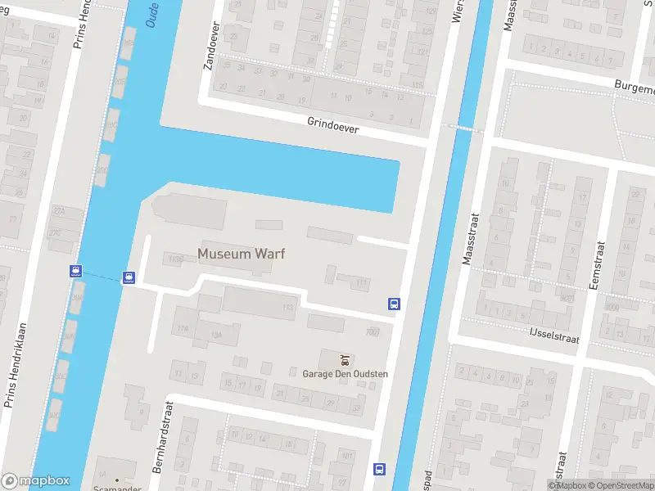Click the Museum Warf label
point(241,254)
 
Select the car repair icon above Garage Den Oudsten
point(345,359)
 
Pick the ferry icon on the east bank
point(129,277)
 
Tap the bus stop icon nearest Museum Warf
point(394,304)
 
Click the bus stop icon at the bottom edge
point(379,469)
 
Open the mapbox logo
point(36,481)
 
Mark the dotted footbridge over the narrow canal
point(458,127)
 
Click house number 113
point(287,307)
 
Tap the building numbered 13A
point(216,334)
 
